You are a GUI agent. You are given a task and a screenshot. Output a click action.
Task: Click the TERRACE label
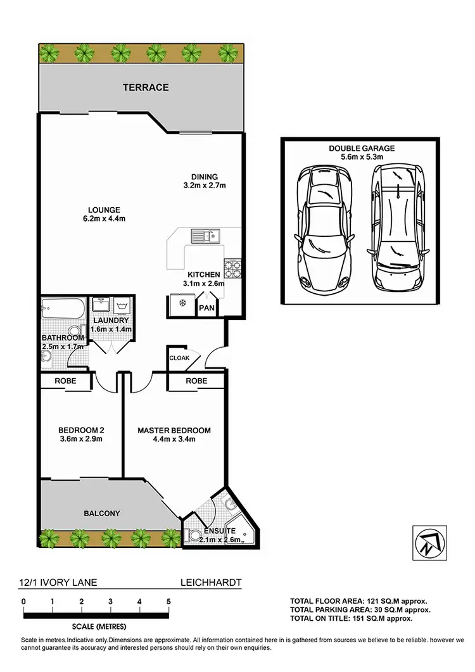click(x=146, y=87)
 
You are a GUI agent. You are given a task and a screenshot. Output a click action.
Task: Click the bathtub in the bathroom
click(x=62, y=310)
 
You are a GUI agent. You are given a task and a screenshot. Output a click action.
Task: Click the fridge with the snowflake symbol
click(x=182, y=304)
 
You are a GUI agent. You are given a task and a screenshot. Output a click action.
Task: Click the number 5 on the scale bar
click(x=168, y=601)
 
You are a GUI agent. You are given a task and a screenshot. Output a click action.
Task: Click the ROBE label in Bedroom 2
click(x=66, y=382)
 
